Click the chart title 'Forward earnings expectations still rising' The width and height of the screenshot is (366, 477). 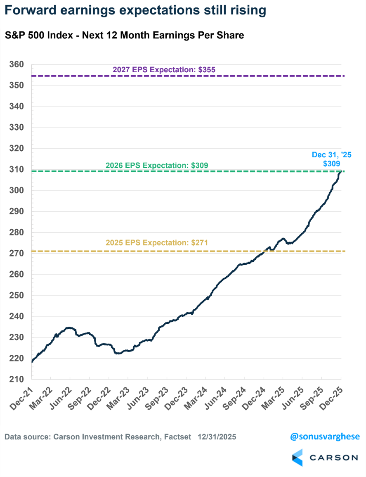point(135,11)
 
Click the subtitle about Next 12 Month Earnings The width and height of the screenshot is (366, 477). point(124,36)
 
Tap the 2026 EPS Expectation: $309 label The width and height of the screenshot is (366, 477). point(157,165)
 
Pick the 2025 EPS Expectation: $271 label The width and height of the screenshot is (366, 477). point(157,242)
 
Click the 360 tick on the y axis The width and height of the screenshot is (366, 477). point(17,65)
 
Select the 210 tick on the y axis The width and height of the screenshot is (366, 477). point(17,379)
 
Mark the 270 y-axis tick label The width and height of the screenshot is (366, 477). point(17,254)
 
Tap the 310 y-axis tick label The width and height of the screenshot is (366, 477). point(17,170)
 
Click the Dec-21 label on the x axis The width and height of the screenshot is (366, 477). point(25,396)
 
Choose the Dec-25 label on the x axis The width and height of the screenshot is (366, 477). point(334,396)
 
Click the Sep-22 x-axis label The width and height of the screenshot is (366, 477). point(83,396)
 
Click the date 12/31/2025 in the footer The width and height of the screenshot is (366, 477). point(217,437)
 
